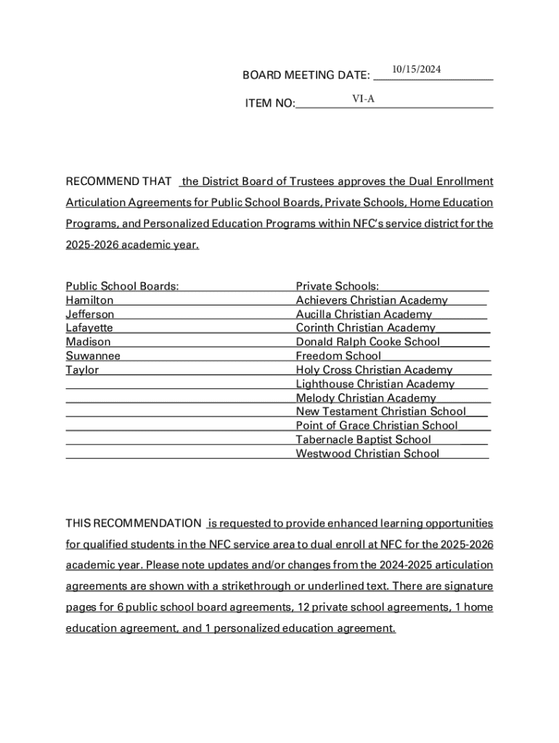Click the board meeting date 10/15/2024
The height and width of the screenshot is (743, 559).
(x=416, y=70)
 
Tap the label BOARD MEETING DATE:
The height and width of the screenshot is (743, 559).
(x=306, y=75)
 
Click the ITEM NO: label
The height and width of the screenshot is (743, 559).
(x=270, y=104)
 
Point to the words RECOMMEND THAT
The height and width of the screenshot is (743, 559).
(x=118, y=181)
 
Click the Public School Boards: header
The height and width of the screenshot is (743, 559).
(x=122, y=287)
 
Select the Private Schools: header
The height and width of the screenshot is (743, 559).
(x=337, y=287)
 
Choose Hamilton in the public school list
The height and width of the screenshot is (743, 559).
(x=89, y=300)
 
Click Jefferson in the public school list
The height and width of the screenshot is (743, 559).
(x=90, y=314)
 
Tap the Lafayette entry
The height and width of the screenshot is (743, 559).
(x=89, y=328)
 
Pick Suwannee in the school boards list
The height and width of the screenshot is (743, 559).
(x=93, y=356)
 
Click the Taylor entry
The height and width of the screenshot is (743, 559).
(x=82, y=370)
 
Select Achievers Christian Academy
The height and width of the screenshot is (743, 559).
(x=372, y=300)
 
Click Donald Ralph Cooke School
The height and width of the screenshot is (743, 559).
(x=367, y=342)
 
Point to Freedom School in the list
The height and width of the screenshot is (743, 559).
(x=338, y=356)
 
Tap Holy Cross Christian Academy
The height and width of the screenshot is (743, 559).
(x=374, y=370)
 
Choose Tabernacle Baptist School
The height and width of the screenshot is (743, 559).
(x=363, y=440)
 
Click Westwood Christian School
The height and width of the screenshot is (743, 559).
(x=367, y=454)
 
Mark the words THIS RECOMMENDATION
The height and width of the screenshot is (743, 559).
(x=134, y=524)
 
